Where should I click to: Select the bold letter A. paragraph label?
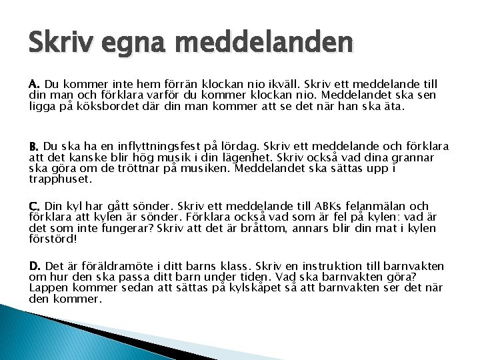[x=35, y=85]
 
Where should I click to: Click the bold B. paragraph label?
[x=35, y=146]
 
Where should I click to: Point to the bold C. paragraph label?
[x=35, y=207]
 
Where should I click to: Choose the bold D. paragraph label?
[x=35, y=267]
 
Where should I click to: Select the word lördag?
[x=240, y=146]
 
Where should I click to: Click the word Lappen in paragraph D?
[x=49, y=288]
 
